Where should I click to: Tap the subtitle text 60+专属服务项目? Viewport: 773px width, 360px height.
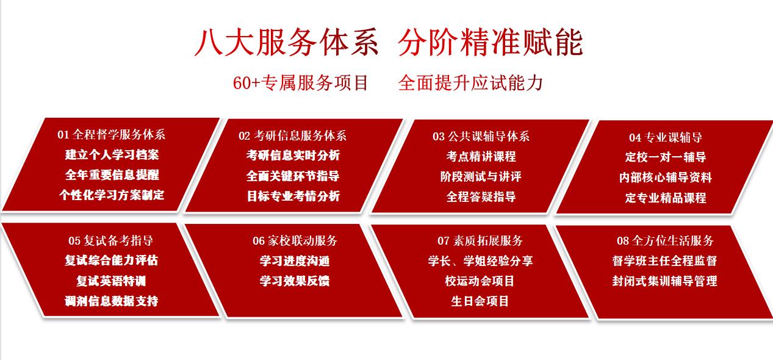[x=301, y=83]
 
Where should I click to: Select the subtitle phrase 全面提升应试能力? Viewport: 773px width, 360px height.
[x=470, y=83]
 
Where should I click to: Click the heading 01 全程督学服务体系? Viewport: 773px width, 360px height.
[x=111, y=135]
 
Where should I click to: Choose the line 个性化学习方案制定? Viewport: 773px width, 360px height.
[x=112, y=195]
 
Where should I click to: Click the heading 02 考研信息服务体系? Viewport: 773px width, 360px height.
[x=292, y=136]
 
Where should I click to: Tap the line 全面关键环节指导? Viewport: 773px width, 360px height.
[x=293, y=176]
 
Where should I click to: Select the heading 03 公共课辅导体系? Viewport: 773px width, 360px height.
[x=481, y=137]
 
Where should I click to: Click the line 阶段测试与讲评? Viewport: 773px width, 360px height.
[x=481, y=176]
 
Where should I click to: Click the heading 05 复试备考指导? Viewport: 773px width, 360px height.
[x=111, y=240]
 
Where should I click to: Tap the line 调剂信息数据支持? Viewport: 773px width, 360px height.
[x=111, y=301]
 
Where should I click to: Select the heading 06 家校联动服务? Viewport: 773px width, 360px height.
[x=295, y=241]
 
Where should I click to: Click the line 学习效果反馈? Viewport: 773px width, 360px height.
[x=295, y=281]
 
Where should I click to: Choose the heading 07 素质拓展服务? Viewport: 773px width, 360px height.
[x=480, y=241]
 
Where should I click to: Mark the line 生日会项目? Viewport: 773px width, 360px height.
[x=480, y=301]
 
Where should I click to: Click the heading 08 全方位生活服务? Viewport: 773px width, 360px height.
[x=665, y=241]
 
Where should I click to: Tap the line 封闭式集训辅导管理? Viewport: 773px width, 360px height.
[x=665, y=281]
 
